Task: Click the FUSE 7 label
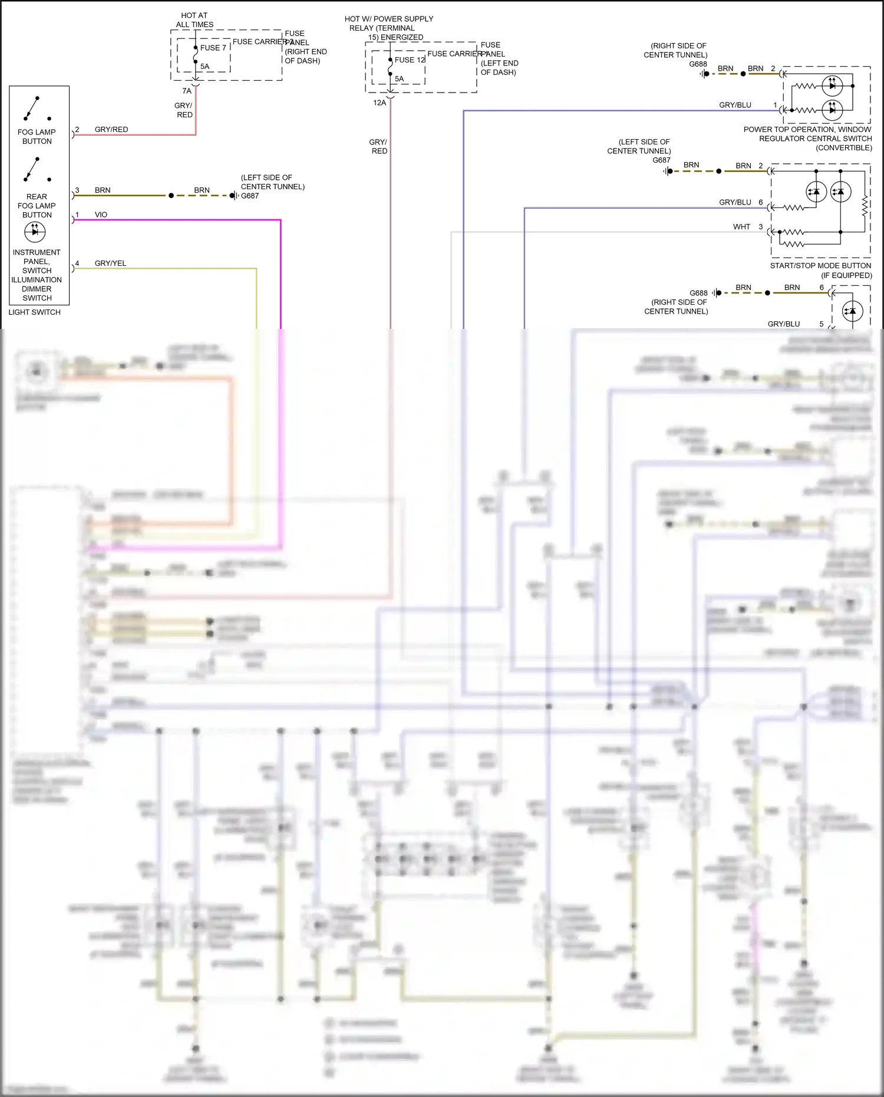pos(213,48)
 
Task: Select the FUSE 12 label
pos(410,60)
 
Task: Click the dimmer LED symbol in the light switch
pos(35,232)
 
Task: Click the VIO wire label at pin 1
pos(101,215)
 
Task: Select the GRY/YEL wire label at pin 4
pos(110,263)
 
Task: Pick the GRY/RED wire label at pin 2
pos(111,129)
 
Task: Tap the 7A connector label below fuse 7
pos(187,91)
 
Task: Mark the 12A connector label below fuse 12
pos(380,103)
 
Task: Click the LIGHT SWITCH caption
pos(34,312)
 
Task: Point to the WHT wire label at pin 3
pos(741,226)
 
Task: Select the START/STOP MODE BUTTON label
pos(820,266)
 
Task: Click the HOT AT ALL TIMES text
pos(194,20)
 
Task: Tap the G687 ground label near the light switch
pos(250,196)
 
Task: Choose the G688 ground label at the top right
pos(698,64)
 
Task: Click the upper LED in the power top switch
pos(832,85)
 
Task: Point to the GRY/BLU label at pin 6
pos(735,202)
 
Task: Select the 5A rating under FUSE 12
pos(399,78)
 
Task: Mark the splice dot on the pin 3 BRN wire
pos(171,195)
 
